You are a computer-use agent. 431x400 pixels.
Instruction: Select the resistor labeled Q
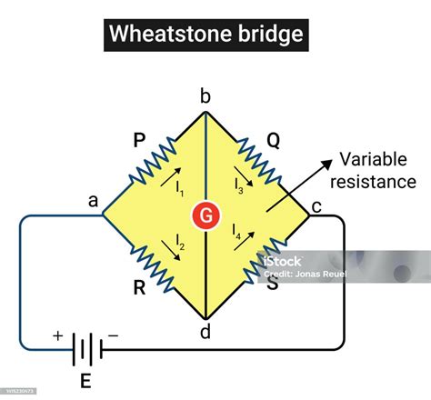[x=261, y=162]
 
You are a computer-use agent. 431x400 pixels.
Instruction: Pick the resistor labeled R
[x=155, y=270]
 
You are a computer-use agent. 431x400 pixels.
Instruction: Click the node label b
[x=206, y=95]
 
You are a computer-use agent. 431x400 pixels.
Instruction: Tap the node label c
[x=316, y=207]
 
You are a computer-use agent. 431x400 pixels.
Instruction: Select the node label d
[x=205, y=333]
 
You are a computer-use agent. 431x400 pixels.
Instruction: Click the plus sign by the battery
[x=58, y=335]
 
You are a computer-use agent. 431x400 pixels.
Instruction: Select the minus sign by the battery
[x=113, y=335]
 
